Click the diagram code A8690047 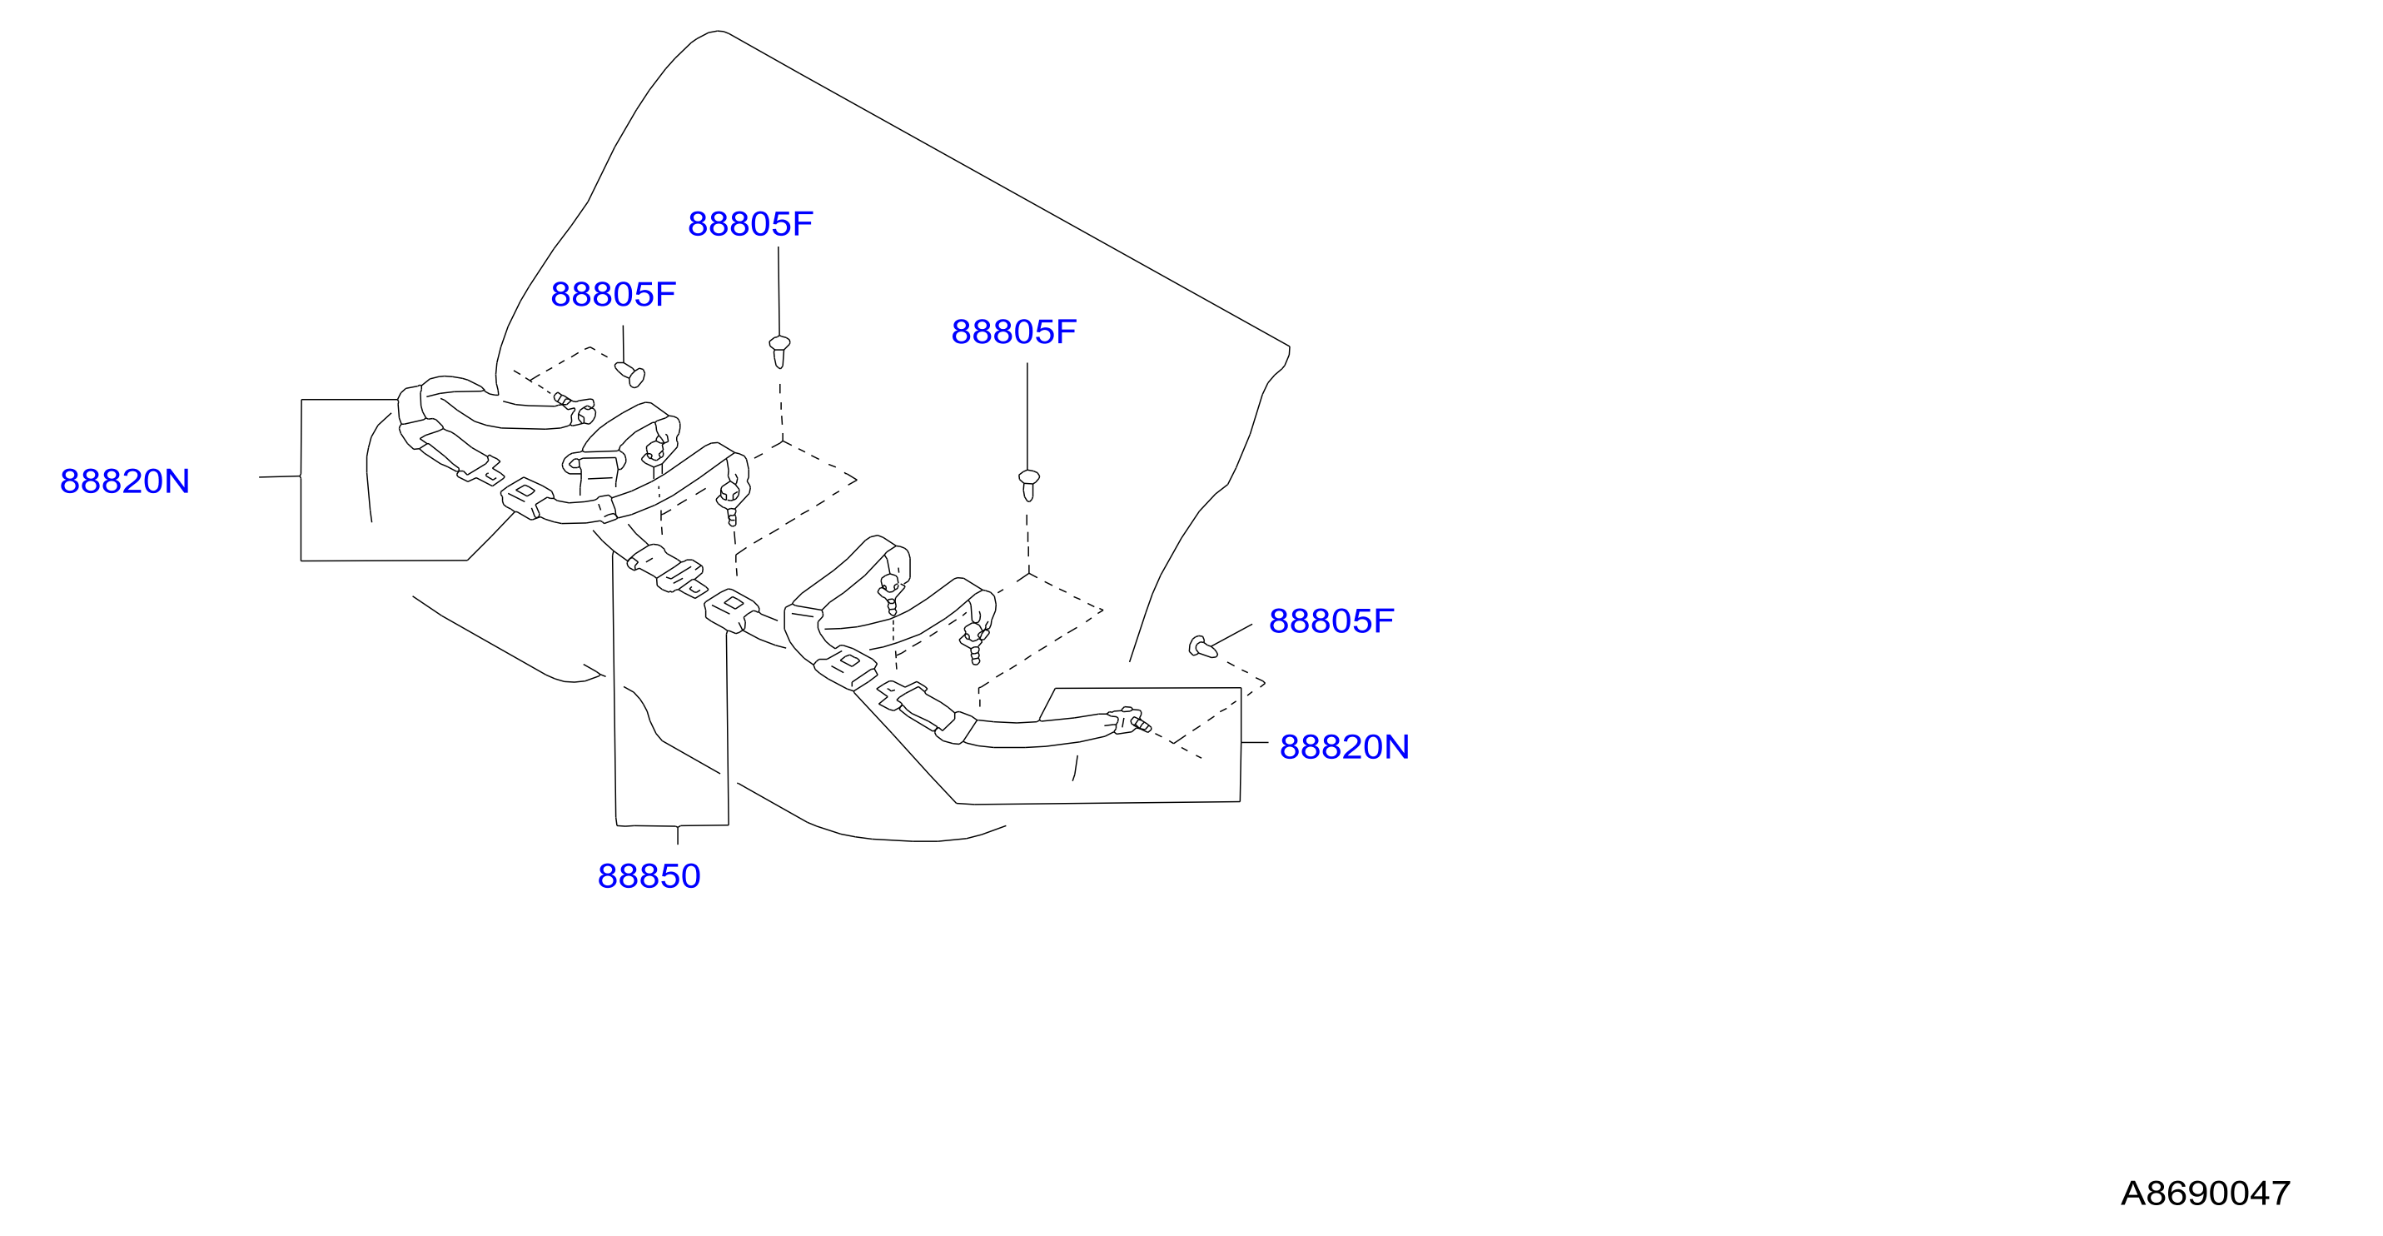[2205, 1194]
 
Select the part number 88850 [649, 876]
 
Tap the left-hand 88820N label [125, 481]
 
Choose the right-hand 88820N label [1344, 746]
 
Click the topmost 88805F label [750, 224]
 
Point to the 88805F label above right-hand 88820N [1331, 620]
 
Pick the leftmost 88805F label [614, 294]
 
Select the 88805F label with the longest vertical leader [1014, 332]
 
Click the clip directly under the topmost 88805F [780, 351]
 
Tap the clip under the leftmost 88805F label [630, 374]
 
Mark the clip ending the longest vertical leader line [1028, 486]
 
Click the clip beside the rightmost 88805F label [1201, 646]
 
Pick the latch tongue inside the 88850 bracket [682, 576]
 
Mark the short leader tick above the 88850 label [677, 835]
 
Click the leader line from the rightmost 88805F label [1231, 635]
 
